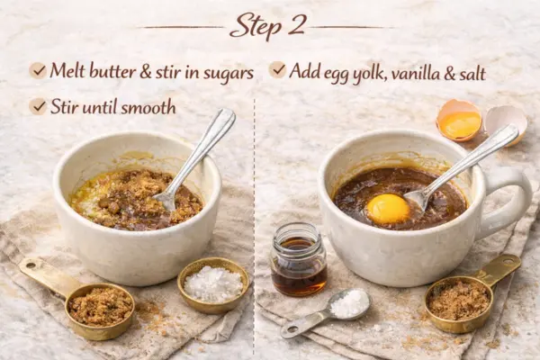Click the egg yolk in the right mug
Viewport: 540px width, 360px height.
point(388,209)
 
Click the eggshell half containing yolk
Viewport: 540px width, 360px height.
point(459,121)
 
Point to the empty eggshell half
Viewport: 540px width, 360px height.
point(506,123)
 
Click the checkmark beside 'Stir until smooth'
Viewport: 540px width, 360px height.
point(38,106)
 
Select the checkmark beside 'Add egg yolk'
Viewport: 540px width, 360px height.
point(277,70)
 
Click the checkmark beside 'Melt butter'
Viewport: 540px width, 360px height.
point(38,70)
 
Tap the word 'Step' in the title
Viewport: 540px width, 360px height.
point(255,26)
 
